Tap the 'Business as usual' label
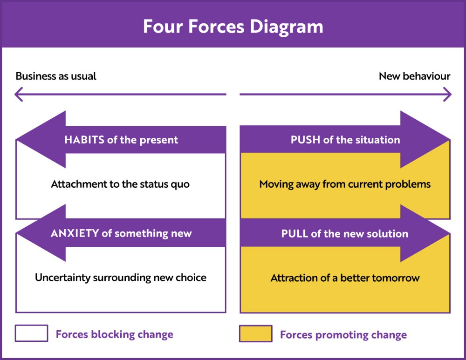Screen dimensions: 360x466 [x=56, y=76]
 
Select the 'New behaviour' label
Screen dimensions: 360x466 [x=414, y=76]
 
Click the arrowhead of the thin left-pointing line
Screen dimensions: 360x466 [x=19, y=95]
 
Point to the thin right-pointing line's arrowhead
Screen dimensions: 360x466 [x=447, y=95]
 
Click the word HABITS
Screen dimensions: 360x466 [x=84, y=140]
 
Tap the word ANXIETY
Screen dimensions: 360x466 [x=75, y=233]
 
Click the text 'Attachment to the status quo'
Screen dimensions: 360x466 [x=120, y=184]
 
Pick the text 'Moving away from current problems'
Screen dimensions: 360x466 [x=345, y=184]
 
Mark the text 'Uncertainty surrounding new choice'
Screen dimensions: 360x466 [x=121, y=278]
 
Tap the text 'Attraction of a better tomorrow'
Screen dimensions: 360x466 [x=345, y=278]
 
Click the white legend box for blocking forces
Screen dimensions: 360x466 [x=31, y=333]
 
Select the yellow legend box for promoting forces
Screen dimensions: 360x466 [x=255, y=334]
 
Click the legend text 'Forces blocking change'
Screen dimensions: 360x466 [x=114, y=334]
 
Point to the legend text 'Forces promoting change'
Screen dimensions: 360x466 [x=343, y=335]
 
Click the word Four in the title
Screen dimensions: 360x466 [x=161, y=27]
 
